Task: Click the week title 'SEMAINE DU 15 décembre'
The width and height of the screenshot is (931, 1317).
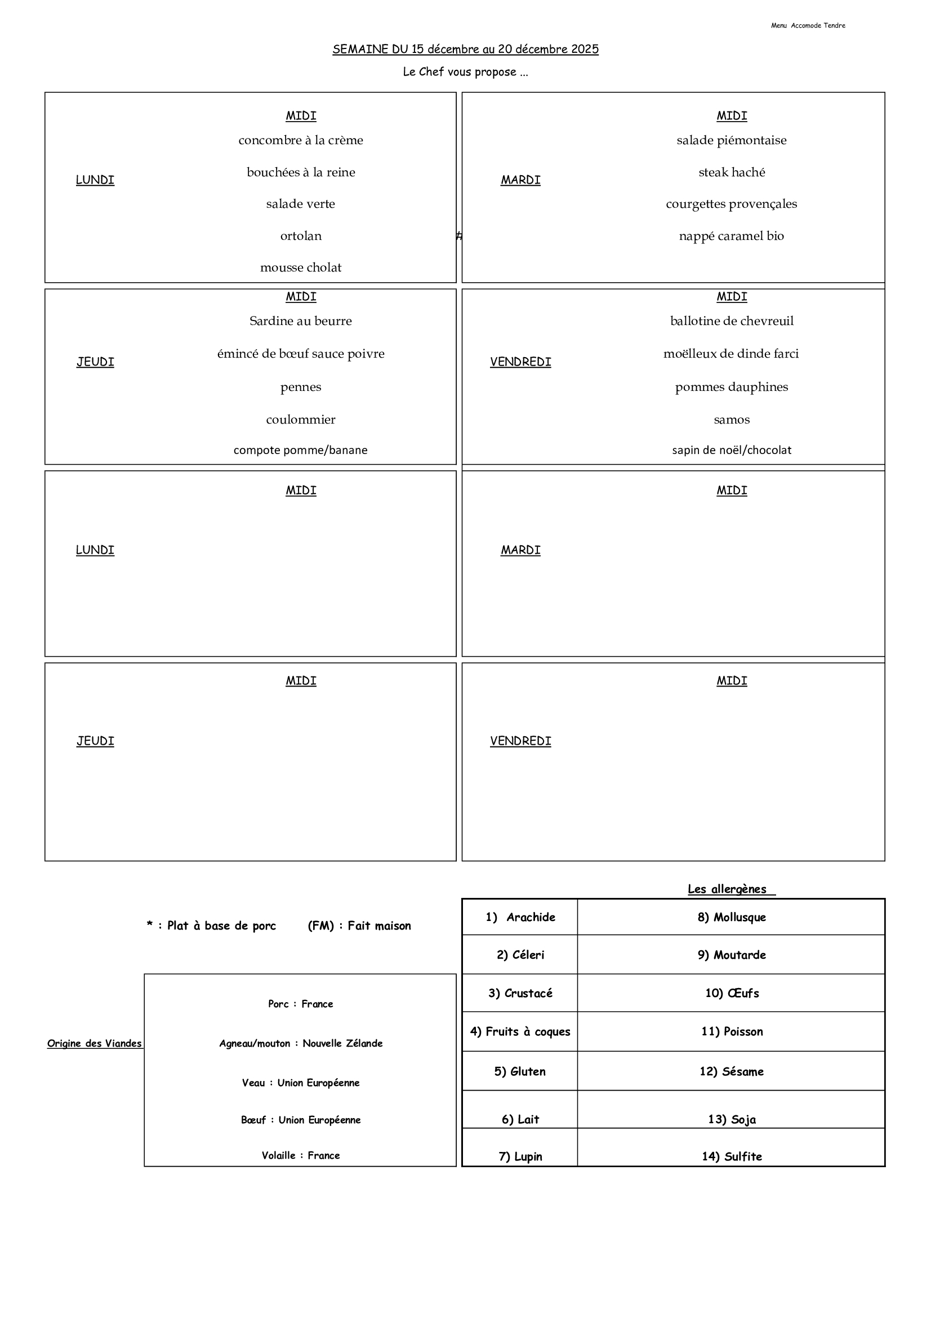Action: (x=465, y=50)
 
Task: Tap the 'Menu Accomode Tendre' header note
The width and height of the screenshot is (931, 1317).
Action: (x=808, y=26)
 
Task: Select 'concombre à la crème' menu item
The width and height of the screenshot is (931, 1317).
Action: (x=301, y=140)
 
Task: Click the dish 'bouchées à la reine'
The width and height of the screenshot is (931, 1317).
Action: (x=301, y=173)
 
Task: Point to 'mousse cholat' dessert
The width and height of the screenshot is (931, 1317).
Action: (x=301, y=268)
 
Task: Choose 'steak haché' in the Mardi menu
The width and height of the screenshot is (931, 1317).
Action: (x=732, y=173)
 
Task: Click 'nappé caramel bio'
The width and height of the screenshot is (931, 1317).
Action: (x=732, y=237)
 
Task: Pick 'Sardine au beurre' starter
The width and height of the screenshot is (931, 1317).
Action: (x=301, y=321)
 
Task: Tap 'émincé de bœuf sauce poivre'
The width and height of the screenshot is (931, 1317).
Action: (x=301, y=354)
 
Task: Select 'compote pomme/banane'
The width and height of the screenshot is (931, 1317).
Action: (x=301, y=450)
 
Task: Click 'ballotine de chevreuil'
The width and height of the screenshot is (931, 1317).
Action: (x=732, y=321)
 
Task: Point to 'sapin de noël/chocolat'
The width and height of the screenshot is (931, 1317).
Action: (x=732, y=450)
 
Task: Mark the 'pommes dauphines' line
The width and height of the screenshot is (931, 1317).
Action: (x=732, y=387)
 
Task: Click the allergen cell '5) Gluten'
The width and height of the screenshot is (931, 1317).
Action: (x=520, y=1071)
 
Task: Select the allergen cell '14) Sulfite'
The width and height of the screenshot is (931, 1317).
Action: (x=732, y=1156)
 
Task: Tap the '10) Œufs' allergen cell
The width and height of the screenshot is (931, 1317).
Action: (x=732, y=994)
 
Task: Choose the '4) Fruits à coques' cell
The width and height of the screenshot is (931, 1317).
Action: (x=520, y=1032)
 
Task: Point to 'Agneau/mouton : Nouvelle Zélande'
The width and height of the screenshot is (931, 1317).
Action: (x=301, y=1043)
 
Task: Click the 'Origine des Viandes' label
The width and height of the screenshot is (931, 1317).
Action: (x=95, y=1043)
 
